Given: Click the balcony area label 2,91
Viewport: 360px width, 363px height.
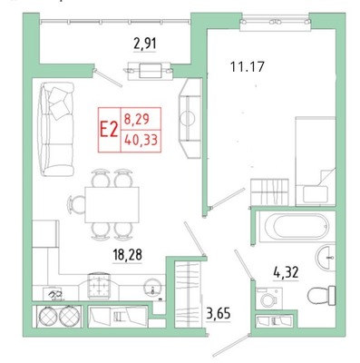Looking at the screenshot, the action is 145,44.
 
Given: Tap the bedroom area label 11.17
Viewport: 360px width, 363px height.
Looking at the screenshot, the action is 248,66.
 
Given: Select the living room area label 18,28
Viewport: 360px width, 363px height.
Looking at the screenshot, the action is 128,255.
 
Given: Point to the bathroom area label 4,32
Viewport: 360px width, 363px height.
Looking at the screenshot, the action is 286,272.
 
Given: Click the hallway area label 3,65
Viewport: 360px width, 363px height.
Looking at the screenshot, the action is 219,313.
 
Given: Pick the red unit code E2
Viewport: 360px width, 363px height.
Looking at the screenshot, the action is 109,130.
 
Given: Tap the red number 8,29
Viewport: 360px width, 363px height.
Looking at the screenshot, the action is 137,119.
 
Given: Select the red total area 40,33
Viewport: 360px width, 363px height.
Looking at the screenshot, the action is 141,140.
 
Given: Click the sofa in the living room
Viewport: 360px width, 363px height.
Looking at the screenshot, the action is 56,129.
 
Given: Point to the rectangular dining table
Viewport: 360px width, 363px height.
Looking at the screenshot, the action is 112,205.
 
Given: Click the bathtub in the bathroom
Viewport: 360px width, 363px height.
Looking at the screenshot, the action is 297,227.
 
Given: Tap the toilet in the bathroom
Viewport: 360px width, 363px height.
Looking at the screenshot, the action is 322,295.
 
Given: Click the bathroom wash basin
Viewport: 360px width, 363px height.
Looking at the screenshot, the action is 326,258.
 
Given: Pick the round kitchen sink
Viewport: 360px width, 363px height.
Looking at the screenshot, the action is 152,288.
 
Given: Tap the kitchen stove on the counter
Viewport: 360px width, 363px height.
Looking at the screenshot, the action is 100,286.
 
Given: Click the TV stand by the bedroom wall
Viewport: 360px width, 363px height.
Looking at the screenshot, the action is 190,118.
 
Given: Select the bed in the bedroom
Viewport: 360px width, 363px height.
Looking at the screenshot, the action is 316,162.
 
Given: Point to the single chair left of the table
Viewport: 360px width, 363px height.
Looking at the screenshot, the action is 76,204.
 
